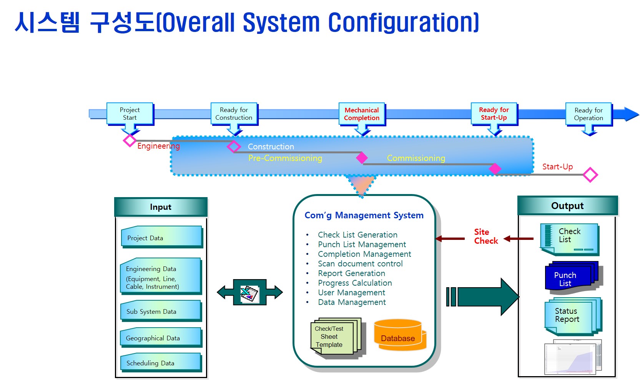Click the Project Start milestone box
(130, 114)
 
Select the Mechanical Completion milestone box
(362, 114)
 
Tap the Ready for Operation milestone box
(588, 114)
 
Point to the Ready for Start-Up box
(494, 114)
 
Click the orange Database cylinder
(398, 335)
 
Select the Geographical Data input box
(161, 338)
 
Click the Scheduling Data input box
(161, 363)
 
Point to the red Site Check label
(485, 236)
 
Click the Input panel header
(161, 207)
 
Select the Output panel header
(567, 206)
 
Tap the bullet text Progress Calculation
(355, 283)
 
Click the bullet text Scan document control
(360, 264)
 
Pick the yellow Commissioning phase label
(416, 158)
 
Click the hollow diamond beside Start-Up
(590, 175)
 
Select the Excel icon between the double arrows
(250, 293)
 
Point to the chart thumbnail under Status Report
(572, 358)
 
